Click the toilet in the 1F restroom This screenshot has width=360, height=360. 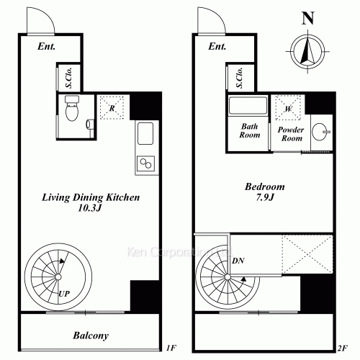point(72,108)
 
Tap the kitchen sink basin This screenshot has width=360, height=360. point(145,133)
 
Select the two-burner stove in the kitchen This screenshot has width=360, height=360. point(145,163)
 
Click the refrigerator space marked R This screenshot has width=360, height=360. point(112,108)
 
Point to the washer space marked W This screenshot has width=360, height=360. point(288,108)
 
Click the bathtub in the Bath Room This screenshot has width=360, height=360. point(248,106)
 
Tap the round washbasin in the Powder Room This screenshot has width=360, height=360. point(320,132)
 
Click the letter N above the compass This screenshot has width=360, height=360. point(308,18)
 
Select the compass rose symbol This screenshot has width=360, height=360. point(307,51)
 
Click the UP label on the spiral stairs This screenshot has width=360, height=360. point(64,294)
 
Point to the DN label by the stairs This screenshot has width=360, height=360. point(238,261)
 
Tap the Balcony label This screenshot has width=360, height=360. point(91,336)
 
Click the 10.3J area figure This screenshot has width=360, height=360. point(90,208)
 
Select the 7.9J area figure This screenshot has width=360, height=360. point(265,197)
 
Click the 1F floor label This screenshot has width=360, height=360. point(171,348)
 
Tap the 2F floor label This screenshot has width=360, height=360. point(343,348)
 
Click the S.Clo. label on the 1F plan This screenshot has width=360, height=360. point(69,77)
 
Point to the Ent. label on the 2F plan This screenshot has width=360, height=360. point(217,46)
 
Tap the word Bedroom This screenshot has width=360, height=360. point(265,186)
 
